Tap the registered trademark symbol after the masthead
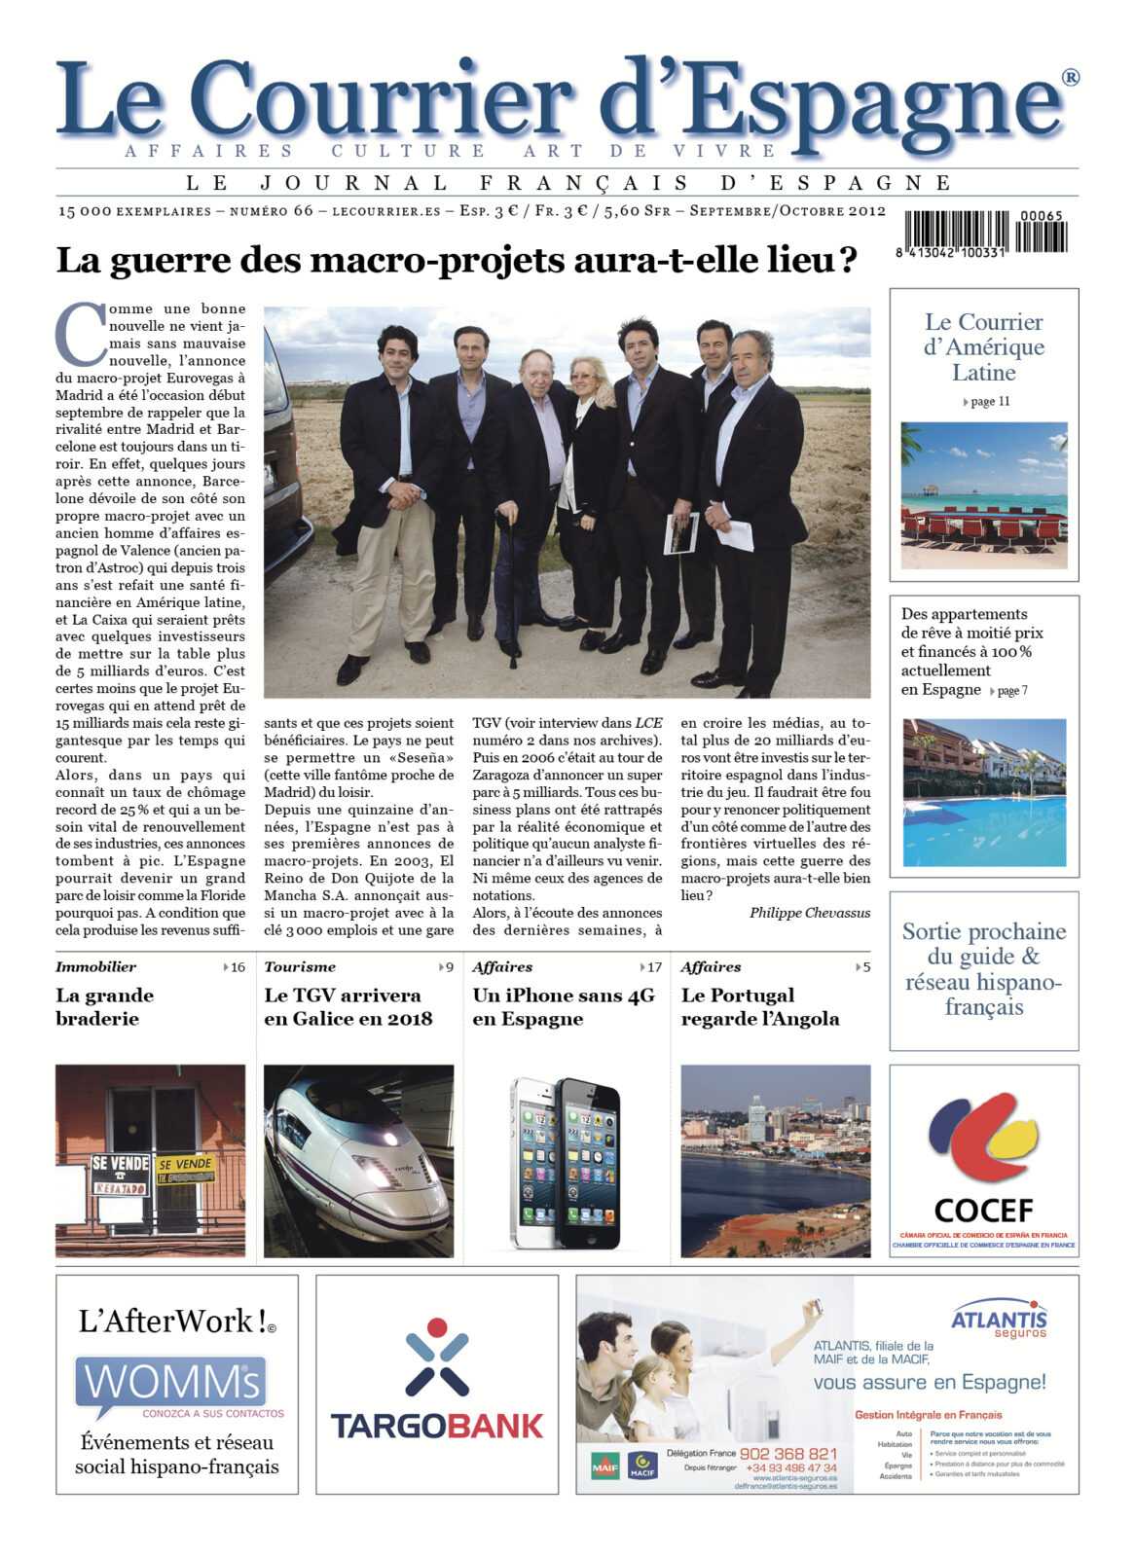(1070, 78)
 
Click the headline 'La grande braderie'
(104, 1006)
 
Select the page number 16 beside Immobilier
(237, 967)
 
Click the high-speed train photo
(358, 1160)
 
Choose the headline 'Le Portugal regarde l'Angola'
(759, 1006)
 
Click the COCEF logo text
(983, 1210)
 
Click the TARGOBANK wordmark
(436, 1426)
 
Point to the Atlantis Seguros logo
(998, 1320)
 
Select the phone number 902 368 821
(787, 1453)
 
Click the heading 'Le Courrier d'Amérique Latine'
(983, 346)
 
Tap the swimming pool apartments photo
(983, 792)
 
